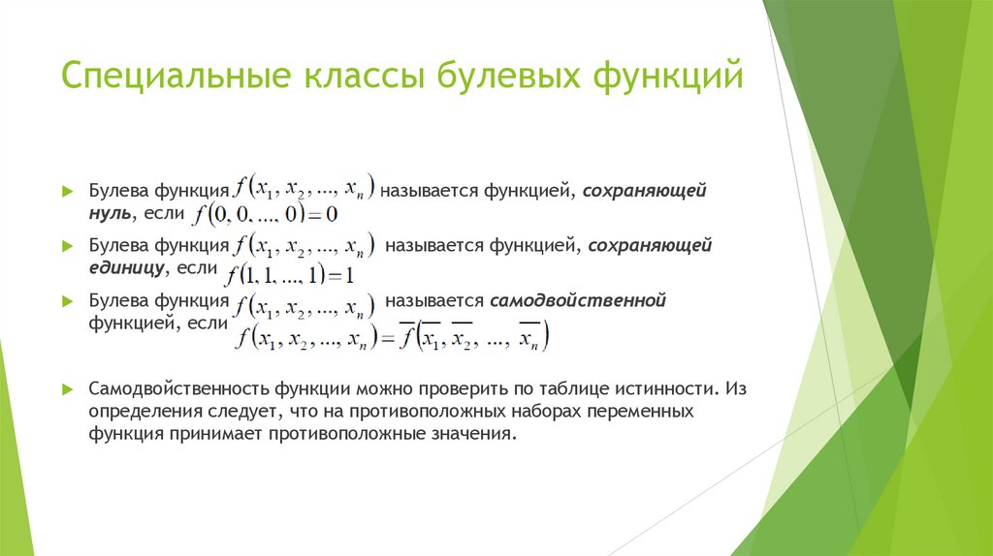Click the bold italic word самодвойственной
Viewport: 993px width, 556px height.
(x=578, y=301)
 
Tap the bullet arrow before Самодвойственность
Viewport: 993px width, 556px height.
(x=67, y=388)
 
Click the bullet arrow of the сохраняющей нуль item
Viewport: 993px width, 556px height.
(x=67, y=190)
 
